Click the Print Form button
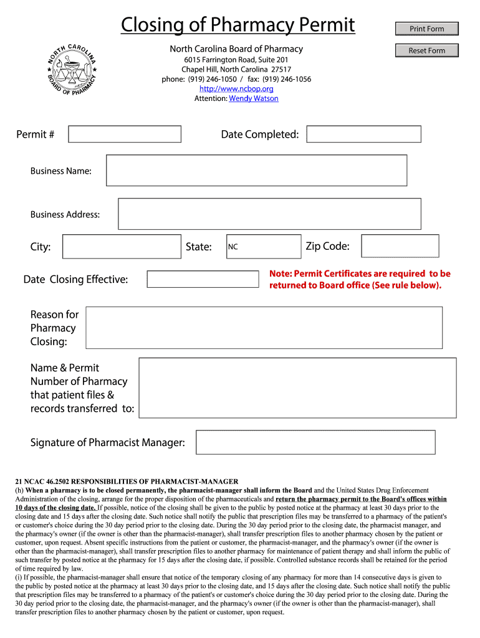pos(427,29)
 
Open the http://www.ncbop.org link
pos(236,88)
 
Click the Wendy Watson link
pos(253,98)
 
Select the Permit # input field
pos(125,134)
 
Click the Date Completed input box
pos(363,134)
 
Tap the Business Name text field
pos(256,170)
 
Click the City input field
pos(122,246)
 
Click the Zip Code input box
pos(400,246)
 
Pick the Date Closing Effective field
pos(203,279)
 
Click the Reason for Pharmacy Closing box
pos(264,327)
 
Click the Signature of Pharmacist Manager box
pos(315,442)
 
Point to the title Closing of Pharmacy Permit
pos(238,26)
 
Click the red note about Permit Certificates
pos(360,279)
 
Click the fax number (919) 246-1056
pos(286,79)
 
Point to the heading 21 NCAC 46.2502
pos(127,482)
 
